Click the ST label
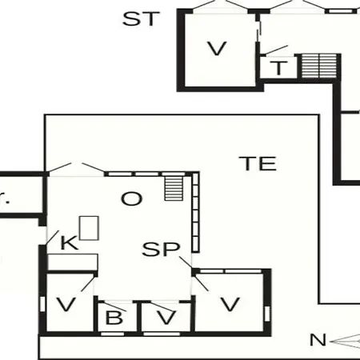tap(141, 18)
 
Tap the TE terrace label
tap(258, 163)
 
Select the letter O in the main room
tap(132, 198)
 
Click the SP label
tap(161, 249)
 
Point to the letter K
tap(70, 242)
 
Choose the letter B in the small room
tap(114, 318)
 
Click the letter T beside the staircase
tap(279, 68)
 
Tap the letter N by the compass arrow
tap(318, 340)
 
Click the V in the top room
tap(217, 48)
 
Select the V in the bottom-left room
tap(66, 304)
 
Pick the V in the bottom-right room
tap(230, 304)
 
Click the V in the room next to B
tap(166, 318)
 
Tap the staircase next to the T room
tap(319, 66)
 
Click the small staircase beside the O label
tap(174, 188)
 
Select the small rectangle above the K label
tap(89, 228)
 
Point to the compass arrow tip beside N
tap(330, 342)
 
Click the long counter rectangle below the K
tap(73, 262)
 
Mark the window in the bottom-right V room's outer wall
tap(267, 314)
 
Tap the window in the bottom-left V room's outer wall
tap(42, 304)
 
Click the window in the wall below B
tap(112, 334)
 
